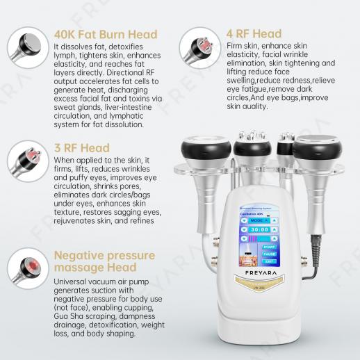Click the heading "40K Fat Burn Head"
point(106,34)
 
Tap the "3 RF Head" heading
point(81,148)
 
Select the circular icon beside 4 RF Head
point(196,46)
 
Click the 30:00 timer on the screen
point(260,228)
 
